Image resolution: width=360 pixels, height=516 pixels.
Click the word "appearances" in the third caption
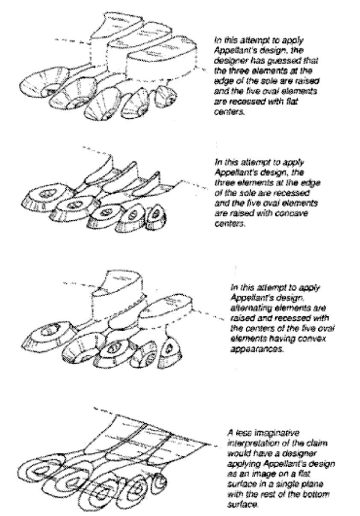(257, 349)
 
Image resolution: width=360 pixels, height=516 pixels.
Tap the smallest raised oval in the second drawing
(156, 217)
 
